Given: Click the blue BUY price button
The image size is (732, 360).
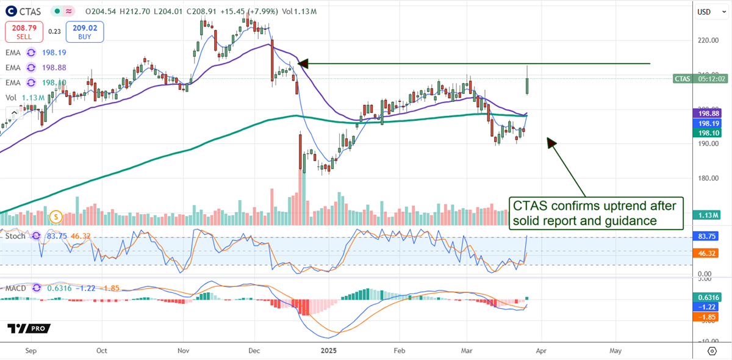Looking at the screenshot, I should pyautogui.click(x=85, y=32).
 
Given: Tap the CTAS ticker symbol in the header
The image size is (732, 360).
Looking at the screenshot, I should pyautogui.click(x=30, y=11).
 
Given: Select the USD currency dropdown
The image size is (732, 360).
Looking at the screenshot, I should pyautogui.click(x=707, y=11).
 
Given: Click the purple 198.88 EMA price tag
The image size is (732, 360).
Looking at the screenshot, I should pyautogui.click(x=711, y=113).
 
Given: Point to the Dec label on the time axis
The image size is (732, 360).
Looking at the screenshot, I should pyautogui.click(x=254, y=351).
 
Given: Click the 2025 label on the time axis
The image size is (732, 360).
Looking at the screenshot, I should pyautogui.click(x=329, y=351).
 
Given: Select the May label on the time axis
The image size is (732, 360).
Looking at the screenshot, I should pyautogui.click(x=615, y=351).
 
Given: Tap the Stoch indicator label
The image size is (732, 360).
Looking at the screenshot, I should pyautogui.click(x=16, y=236).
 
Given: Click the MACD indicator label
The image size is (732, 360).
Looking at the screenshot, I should pyautogui.click(x=16, y=288).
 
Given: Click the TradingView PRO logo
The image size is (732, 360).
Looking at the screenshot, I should pyautogui.click(x=29, y=328).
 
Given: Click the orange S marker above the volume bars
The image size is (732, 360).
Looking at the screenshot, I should pyautogui.click(x=56, y=216).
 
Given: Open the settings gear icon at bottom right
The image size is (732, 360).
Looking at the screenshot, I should pyautogui.click(x=712, y=351).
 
